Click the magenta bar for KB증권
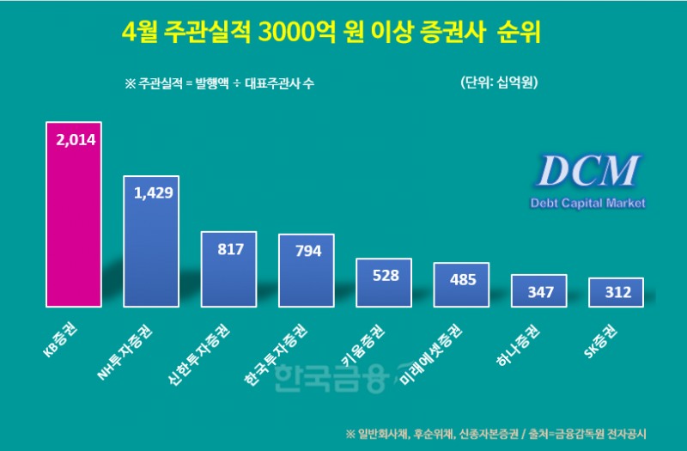(x=74, y=215)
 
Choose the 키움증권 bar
(x=384, y=283)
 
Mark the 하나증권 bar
(x=538, y=291)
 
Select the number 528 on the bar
(x=384, y=276)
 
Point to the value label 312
(x=616, y=293)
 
